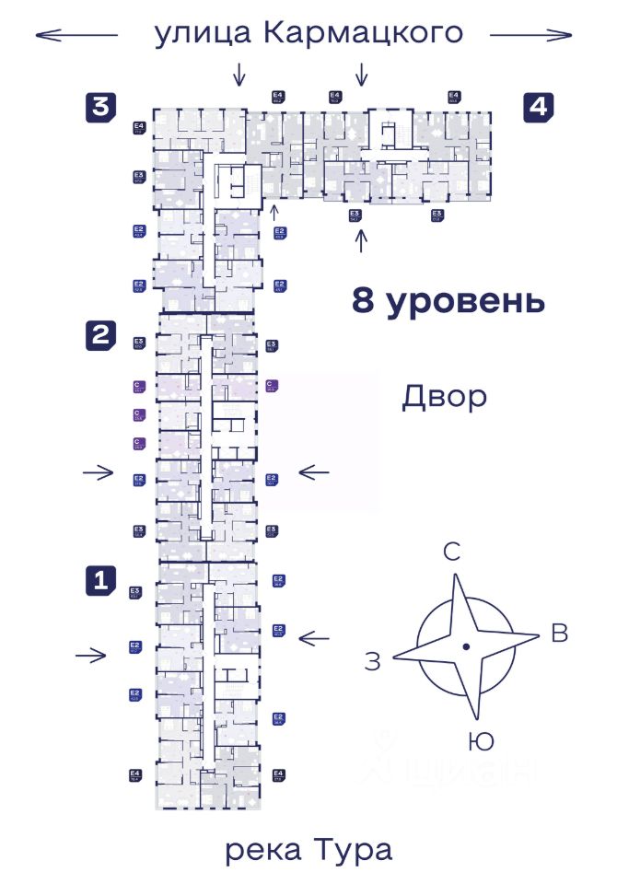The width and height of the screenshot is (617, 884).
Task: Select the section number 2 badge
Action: [x=100, y=334]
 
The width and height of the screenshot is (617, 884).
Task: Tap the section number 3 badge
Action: [x=100, y=107]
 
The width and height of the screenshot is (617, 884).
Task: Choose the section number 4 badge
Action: [x=539, y=107]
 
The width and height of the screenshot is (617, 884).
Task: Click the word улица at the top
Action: [x=203, y=34]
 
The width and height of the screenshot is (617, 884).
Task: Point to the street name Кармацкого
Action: [x=362, y=34]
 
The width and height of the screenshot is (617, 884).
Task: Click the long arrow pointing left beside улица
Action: [x=76, y=35]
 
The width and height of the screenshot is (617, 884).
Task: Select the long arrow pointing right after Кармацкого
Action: [x=530, y=35]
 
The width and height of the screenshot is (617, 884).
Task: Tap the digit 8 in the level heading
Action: [x=365, y=301]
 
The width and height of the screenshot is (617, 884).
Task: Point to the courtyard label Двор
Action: [x=443, y=398]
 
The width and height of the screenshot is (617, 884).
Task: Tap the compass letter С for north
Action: [x=452, y=552]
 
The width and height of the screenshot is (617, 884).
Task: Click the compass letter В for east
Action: [x=558, y=633]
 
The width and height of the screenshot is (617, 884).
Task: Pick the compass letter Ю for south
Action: [x=479, y=740]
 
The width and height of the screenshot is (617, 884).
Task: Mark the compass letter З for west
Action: [x=372, y=660]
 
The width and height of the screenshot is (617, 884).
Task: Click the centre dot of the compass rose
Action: [x=467, y=647]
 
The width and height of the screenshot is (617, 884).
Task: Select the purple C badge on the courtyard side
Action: [x=272, y=385]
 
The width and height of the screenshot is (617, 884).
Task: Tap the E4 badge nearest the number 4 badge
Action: [x=454, y=97]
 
